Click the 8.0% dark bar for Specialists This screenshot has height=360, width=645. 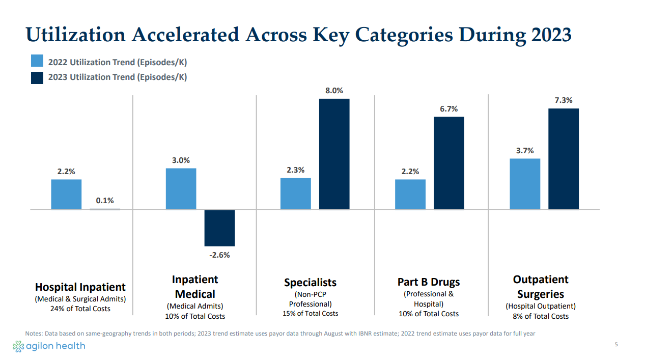334,154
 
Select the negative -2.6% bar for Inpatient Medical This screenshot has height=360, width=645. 219,228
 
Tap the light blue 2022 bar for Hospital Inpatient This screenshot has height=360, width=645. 66,194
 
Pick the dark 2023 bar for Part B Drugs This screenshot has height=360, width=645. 448,163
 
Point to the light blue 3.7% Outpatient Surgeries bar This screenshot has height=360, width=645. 525,184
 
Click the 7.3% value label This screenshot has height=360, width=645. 564,100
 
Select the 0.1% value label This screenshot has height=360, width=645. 105,201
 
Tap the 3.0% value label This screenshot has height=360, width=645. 181,160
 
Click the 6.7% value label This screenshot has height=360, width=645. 448,109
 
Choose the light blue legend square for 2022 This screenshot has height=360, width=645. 37,61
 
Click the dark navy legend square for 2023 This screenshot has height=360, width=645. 37,77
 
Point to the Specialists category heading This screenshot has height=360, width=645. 310,282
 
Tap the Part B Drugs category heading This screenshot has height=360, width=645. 428,282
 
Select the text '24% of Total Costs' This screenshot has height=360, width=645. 80,309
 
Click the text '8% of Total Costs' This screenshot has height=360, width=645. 540,316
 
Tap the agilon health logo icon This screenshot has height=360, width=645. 18,346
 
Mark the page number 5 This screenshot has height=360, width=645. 616,345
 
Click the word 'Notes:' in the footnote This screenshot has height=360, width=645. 34,334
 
